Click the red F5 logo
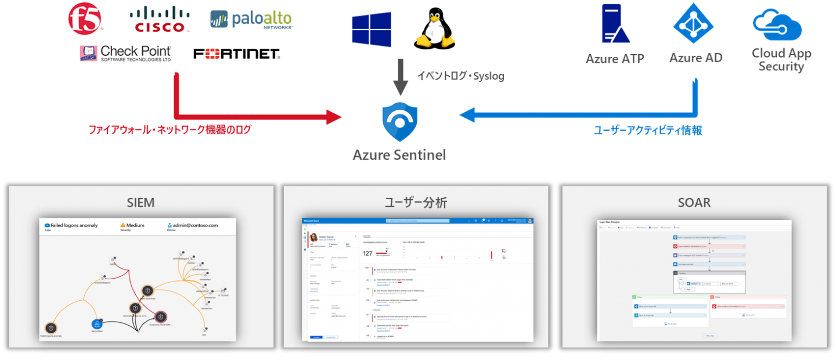(86, 19)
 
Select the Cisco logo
(160, 19)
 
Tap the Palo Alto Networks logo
(251, 20)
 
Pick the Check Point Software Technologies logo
(126, 53)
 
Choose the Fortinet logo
(236, 54)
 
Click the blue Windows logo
(371, 28)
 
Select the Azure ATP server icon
(615, 24)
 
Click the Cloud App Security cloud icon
(777, 24)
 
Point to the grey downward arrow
(400, 75)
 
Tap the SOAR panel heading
(694, 203)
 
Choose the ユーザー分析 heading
(416, 203)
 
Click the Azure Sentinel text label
(400, 155)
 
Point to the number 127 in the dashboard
(367, 253)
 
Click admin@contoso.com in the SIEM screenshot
(196, 225)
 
